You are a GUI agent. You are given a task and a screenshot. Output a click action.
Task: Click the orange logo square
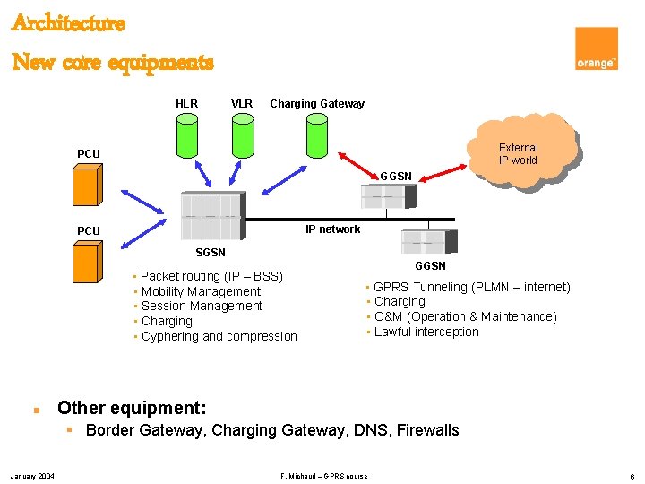(597, 48)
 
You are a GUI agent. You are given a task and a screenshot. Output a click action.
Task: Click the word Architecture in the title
(68, 23)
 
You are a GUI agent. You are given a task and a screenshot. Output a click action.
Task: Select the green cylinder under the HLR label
(186, 135)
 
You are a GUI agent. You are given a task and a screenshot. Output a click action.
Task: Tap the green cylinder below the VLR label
(243, 135)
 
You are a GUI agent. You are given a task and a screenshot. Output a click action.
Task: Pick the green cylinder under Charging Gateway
(316, 135)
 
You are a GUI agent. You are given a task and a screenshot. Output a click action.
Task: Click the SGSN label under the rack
(211, 253)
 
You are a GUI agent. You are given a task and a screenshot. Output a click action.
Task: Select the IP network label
(332, 229)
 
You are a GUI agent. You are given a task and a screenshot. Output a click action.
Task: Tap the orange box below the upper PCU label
(86, 186)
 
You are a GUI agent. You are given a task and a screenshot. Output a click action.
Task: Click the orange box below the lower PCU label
(86, 264)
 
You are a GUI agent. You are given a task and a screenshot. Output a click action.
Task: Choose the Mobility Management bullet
(201, 291)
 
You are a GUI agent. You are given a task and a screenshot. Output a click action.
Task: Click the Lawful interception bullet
(426, 332)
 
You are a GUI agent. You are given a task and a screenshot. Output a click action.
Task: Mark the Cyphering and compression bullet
(219, 337)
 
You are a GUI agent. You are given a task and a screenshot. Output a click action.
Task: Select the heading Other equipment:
(132, 408)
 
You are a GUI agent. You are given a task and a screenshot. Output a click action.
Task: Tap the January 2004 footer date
(31, 475)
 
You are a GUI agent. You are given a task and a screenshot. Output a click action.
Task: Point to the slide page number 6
(632, 475)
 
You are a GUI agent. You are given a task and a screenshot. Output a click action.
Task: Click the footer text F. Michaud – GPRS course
(323, 475)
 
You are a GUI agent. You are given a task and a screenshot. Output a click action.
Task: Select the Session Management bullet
(202, 307)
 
